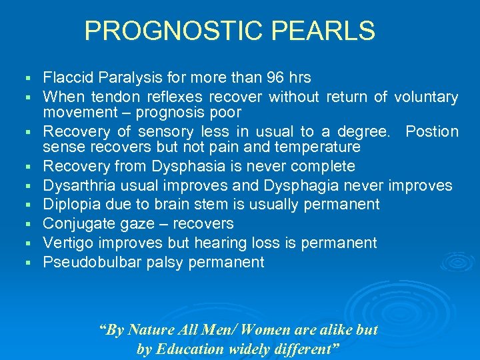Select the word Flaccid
(67, 78)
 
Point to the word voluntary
(426, 97)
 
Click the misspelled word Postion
(432, 132)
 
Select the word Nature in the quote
(151, 329)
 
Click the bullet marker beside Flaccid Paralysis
(28, 79)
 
